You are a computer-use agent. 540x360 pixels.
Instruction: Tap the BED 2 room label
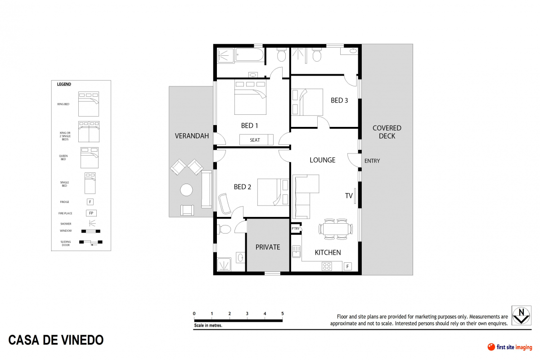243,187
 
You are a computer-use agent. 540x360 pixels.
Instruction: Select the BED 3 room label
339,100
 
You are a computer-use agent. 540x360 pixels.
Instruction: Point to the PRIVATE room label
268,247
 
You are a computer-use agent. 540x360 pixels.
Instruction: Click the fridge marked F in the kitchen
347,266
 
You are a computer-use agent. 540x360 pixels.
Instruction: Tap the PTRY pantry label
296,229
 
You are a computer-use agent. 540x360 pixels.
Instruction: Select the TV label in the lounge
349,196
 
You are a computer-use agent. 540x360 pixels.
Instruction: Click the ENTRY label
372,161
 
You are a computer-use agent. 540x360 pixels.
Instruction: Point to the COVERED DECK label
387,132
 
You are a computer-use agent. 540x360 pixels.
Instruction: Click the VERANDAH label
192,135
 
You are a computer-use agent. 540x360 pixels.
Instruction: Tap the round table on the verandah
187,190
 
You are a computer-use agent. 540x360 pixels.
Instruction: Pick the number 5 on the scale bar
282,314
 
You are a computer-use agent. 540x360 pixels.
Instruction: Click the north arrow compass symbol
521,315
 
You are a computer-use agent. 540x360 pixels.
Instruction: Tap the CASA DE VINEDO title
56,340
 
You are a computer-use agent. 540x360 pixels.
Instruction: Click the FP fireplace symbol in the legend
91,213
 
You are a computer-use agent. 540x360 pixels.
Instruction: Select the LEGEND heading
64,84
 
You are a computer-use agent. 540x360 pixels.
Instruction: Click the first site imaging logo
510,347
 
